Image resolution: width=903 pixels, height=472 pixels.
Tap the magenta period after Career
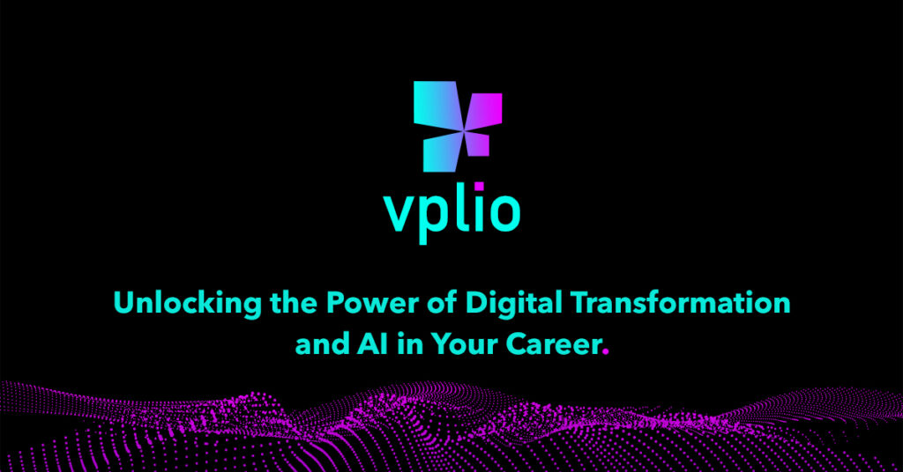[605, 350]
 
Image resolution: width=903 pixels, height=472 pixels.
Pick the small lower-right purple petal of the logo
[477, 143]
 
